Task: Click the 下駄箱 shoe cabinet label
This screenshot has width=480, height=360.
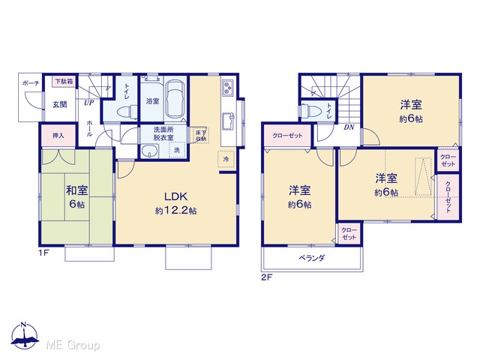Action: (64, 81)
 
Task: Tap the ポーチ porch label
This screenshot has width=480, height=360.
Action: (31, 82)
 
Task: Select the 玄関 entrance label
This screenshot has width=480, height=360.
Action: (60, 104)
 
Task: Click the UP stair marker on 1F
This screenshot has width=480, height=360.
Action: (88, 103)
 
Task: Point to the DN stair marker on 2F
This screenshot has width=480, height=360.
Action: (349, 127)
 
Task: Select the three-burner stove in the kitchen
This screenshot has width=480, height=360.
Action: (228, 87)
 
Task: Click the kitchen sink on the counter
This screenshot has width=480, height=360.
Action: (228, 121)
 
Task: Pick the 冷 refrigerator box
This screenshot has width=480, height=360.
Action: (226, 159)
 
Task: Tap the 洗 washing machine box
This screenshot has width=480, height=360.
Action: (177, 150)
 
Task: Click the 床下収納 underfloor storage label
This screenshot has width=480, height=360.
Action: (201, 135)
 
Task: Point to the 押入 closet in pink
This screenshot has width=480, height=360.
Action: (58, 135)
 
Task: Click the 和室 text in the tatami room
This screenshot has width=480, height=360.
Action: (76, 190)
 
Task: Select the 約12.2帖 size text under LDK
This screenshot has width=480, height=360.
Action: (175, 211)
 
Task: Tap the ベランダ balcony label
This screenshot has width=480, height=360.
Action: (311, 258)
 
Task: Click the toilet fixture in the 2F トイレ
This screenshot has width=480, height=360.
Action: (310, 110)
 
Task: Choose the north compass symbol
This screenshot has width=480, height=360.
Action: (25, 336)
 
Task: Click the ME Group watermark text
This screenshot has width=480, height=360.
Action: (73, 346)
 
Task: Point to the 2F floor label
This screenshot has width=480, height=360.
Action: (266, 277)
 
